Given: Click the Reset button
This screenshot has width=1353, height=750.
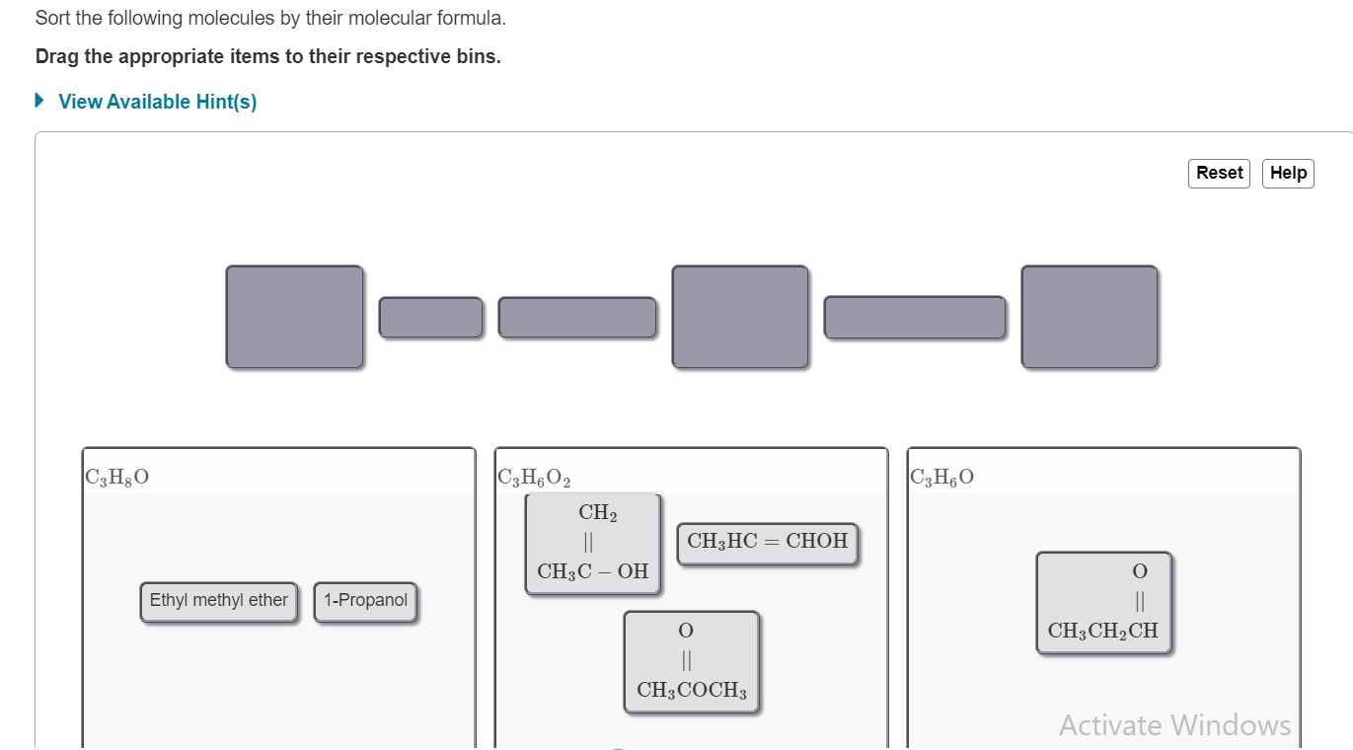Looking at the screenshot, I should [x=1219, y=173].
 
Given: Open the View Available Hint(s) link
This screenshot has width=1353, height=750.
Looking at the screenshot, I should [x=158, y=102].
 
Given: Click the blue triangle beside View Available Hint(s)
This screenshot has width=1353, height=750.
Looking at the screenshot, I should [x=39, y=101].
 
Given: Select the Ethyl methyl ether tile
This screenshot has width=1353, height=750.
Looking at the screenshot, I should [x=218, y=601].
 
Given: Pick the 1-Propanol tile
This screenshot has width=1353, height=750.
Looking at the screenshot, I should [x=365, y=601].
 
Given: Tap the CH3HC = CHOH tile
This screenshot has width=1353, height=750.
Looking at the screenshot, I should [x=767, y=542].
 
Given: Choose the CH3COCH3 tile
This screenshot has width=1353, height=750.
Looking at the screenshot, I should [x=692, y=661].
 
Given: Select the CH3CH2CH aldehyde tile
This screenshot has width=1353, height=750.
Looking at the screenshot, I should [x=1103, y=602].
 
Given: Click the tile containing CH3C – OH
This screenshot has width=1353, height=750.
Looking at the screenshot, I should [x=592, y=544].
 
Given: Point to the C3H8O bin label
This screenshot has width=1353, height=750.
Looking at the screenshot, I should [x=117, y=479].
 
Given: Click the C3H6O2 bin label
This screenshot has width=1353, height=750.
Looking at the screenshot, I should [x=535, y=479].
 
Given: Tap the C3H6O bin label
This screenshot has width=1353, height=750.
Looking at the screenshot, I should [x=942, y=479].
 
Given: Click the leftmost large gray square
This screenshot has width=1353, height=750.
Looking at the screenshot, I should [x=294, y=317].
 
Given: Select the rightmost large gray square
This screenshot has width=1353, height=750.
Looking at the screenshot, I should [x=1090, y=317].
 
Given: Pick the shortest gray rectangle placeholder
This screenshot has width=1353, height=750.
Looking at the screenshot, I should [x=431, y=317].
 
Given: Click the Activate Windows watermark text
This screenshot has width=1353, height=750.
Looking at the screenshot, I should [x=1174, y=725].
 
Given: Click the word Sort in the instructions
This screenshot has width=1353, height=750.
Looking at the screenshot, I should [x=53, y=19].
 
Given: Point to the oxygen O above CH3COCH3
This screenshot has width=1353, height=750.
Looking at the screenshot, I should [x=686, y=630].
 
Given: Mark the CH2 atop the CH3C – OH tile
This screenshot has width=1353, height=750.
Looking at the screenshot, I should [x=597, y=512].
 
